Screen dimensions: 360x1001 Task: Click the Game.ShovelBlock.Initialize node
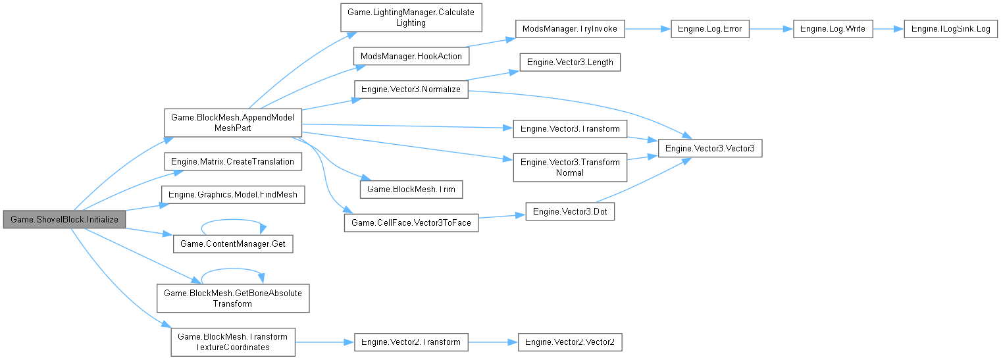coord(64,219)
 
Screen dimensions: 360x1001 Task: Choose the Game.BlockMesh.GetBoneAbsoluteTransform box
coord(232,297)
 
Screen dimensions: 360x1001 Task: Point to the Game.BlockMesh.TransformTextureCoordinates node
coord(232,342)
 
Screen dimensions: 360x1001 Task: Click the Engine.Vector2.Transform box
coord(411,342)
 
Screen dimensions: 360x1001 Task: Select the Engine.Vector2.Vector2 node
coord(569,342)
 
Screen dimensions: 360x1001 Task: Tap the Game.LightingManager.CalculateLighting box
coord(411,17)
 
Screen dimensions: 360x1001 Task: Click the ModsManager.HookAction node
coord(411,56)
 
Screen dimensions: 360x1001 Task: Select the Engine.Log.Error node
coord(709,30)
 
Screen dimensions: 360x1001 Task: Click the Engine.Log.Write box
coord(833,30)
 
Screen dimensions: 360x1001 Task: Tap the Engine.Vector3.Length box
coord(569,63)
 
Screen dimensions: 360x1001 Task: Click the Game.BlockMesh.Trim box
coord(411,189)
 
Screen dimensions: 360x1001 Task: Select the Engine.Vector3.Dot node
coord(569,211)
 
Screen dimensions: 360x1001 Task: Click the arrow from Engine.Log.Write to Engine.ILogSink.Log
coord(888,30)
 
